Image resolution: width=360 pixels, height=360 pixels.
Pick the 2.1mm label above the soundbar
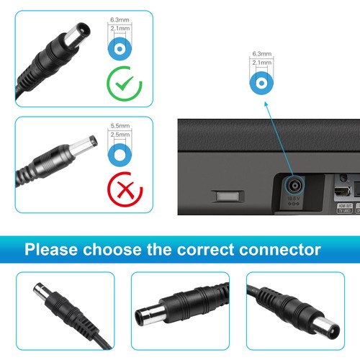click(x=262, y=63)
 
